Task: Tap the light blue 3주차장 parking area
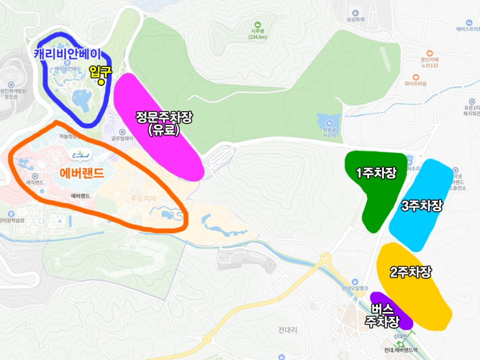click(x=421, y=206)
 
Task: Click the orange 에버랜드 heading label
click(x=82, y=173)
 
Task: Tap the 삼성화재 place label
click(x=356, y=20)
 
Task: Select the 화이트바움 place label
click(x=415, y=83)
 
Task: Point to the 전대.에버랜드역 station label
click(x=401, y=350)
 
